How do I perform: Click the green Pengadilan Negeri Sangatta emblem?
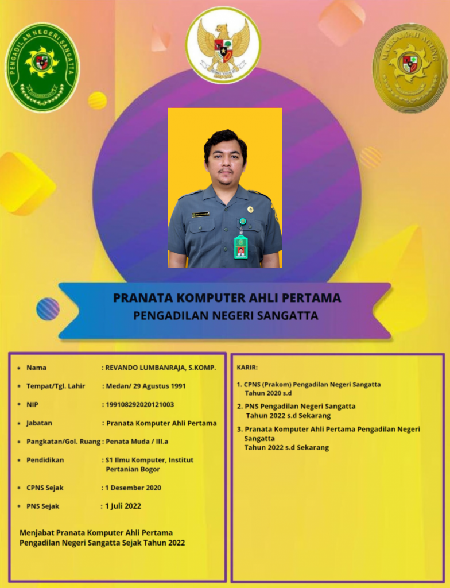[x=42, y=67]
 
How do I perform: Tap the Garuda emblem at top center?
[x=223, y=45]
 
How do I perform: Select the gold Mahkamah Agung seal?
[x=409, y=67]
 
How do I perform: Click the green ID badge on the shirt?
[x=241, y=245]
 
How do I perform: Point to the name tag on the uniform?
[x=200, y=214]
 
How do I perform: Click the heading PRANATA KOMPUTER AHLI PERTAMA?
[x=227, y=298]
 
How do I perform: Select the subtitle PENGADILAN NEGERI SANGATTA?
[x=226, y=315]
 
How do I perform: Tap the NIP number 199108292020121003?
[x=139, y=404]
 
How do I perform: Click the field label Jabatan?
[x=39, y=423]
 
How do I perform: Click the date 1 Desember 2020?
[x=133, y=488]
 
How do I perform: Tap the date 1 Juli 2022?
[x=123, y=506]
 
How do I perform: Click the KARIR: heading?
[x=247, y=366]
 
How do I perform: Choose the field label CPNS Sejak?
[x=45, y=488]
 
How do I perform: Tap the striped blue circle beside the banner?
[x=48, y=309]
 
